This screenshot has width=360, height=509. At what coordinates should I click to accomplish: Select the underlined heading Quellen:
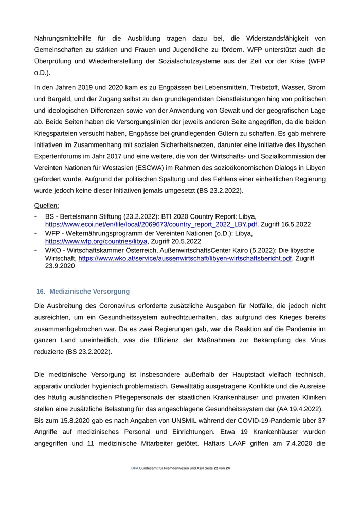[47, 206]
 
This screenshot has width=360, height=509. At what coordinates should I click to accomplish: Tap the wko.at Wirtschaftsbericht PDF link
[185, 259]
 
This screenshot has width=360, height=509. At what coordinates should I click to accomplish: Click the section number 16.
[40, 292]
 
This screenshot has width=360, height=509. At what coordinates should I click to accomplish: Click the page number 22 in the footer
[216, 468]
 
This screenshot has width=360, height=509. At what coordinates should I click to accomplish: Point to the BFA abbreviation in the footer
[134, 468]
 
